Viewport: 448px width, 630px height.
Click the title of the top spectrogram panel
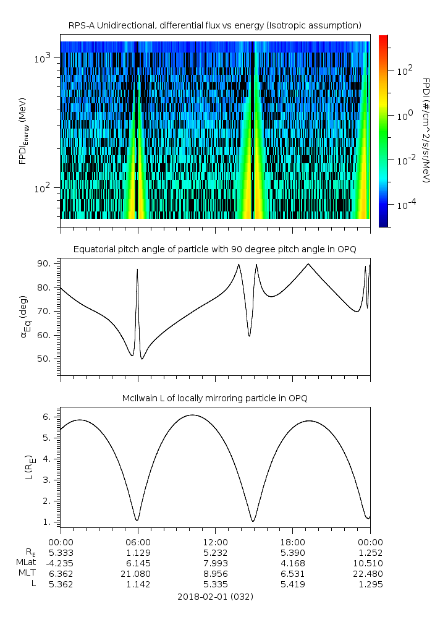(215, 25)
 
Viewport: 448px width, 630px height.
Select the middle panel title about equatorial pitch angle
(215, 249)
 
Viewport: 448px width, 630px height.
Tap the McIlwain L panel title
(215, 398)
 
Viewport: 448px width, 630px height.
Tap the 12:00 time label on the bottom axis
(215, 541)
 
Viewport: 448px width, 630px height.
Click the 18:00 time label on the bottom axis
(292, 541)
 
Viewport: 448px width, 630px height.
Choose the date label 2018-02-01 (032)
(215, 597)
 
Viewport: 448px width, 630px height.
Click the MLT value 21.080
(138, 574)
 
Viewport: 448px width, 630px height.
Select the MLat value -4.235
(60, 563)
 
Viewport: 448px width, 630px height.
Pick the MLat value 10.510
(370, 563)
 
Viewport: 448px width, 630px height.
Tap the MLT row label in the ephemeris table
(24, 574)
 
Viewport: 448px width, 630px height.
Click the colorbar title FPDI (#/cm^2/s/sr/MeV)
(426, 130)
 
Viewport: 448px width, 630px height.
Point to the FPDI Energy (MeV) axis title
(23, 130)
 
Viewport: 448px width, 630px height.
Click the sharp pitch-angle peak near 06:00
(137, 270)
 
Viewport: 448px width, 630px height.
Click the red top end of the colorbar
(383, 38)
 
